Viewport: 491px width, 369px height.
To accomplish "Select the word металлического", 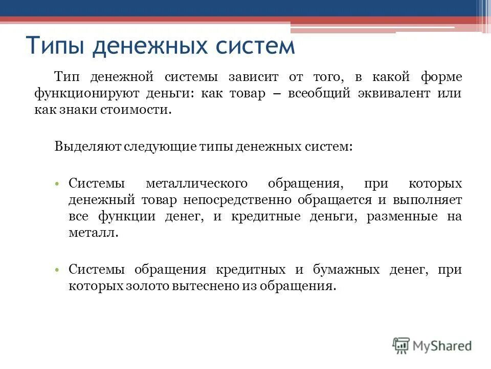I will click(197, 183).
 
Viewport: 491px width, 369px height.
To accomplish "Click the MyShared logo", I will click(432, 345).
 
